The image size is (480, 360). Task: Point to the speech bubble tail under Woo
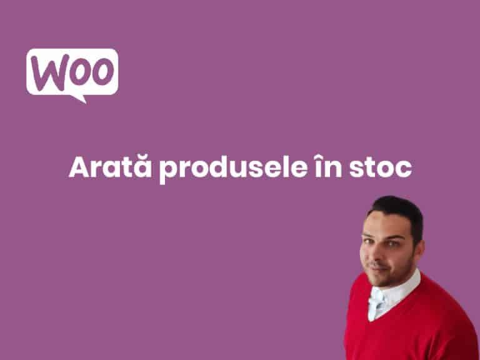tap(79, 99)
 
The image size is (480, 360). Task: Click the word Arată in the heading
tap(110, 166)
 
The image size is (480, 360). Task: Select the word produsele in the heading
tap(233, 169)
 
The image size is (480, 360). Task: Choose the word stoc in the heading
tap(381, 167)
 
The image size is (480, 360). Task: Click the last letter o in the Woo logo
tap(103, 71)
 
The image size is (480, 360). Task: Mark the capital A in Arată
tap(80, 167)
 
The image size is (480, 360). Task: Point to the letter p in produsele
tap(168, 171)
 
